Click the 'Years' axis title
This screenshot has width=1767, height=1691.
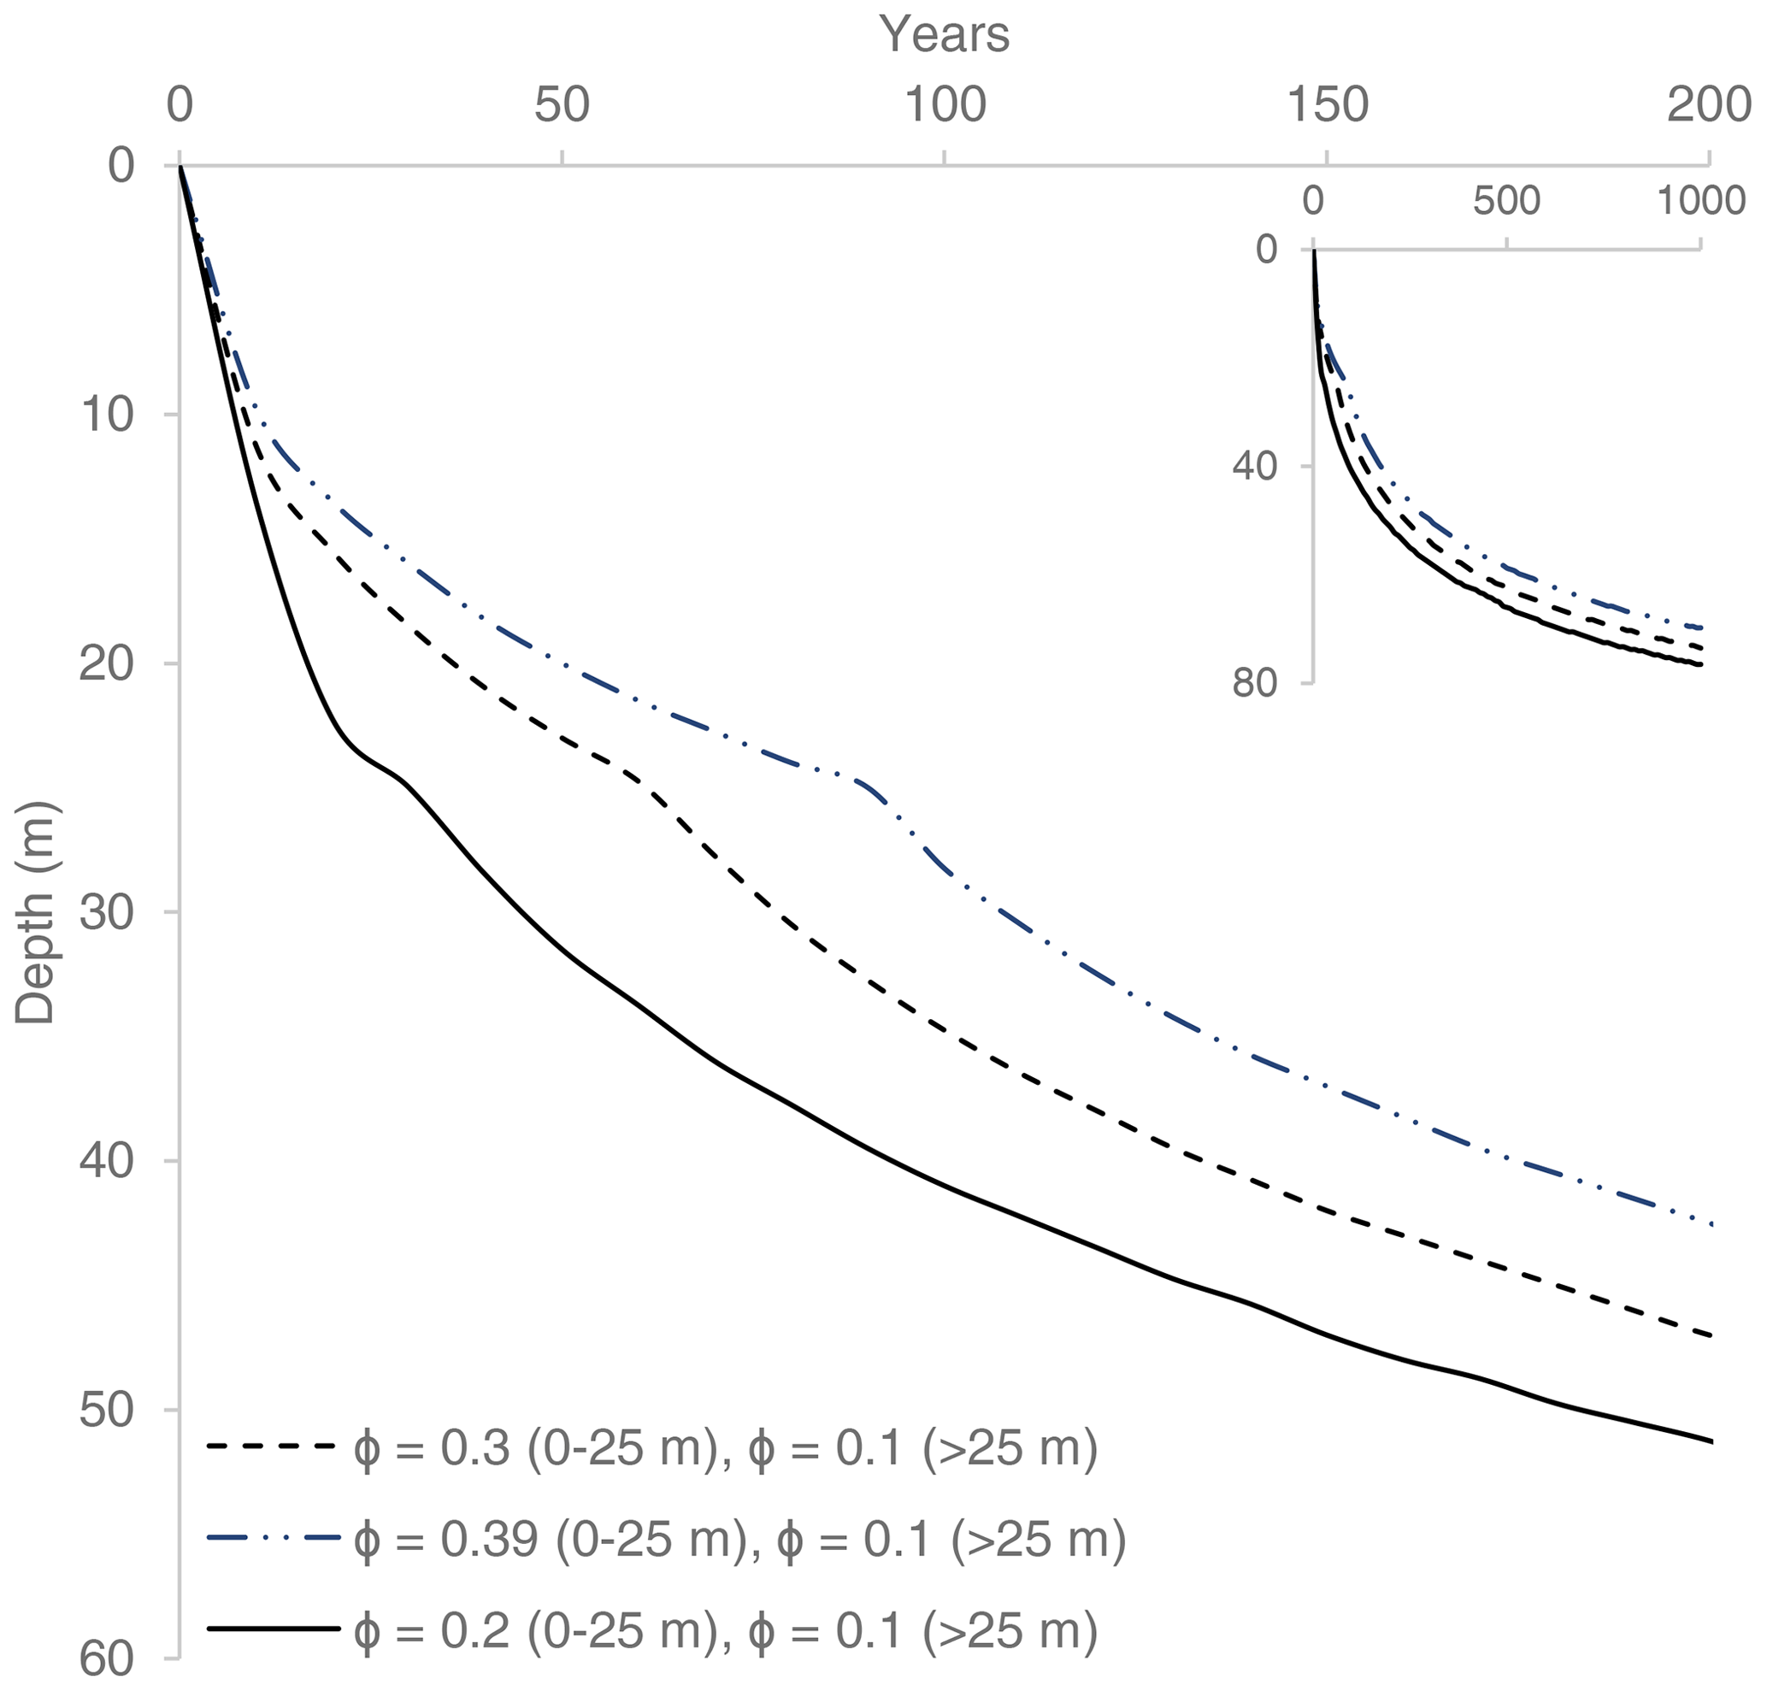coord(944,34)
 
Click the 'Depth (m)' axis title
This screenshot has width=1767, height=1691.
coord(36,912)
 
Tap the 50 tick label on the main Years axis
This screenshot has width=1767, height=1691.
coord(561,105)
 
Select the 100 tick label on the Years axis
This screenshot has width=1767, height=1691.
coord(944,105)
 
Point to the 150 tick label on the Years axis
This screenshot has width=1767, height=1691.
coord(1327,105)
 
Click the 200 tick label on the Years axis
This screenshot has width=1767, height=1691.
coord(1708,105)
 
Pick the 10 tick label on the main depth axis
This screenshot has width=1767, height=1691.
coord(107,415)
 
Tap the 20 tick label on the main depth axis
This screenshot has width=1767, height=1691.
coord(107,664)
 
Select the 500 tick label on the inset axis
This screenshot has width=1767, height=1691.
coord(1506,200)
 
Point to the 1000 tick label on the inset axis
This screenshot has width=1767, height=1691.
coord(1701,200)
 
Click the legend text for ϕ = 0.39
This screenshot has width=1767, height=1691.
coord(739,1539)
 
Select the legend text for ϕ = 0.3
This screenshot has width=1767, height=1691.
coord(726,1448)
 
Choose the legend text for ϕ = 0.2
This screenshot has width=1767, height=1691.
coord(726,1629)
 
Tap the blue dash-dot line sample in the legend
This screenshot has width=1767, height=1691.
coord(274,1539)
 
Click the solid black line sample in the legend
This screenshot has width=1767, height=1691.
coord(274,1629)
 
